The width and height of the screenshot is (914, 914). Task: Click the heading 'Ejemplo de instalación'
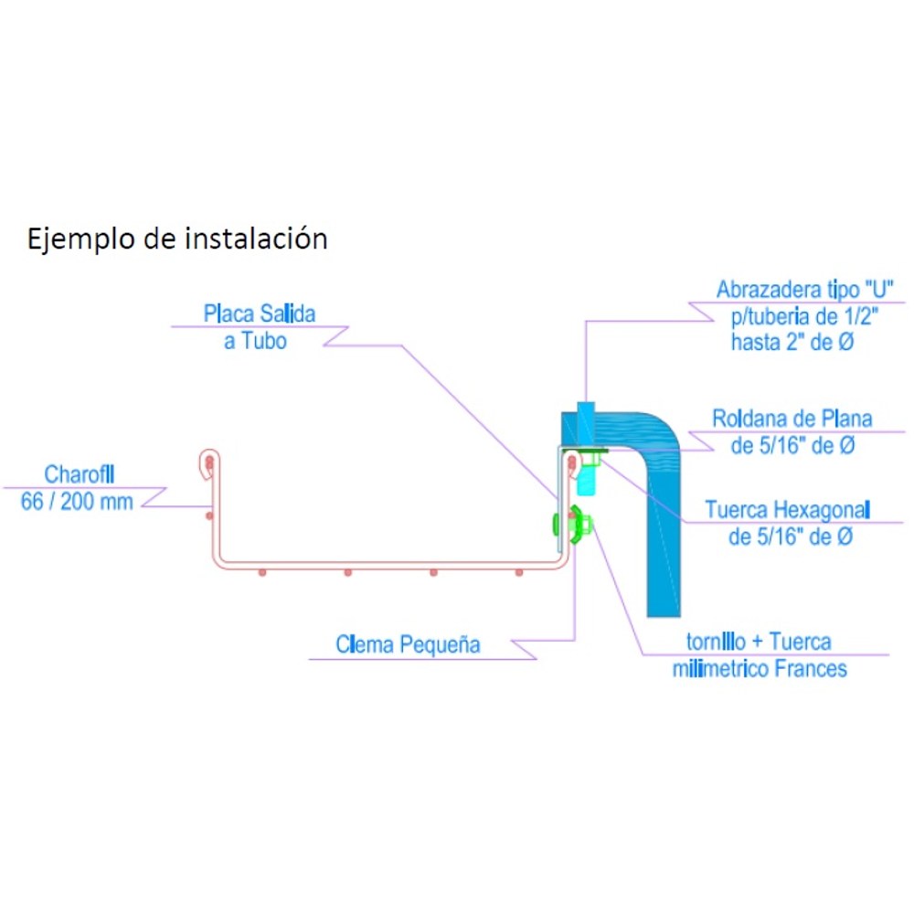pos(177,239)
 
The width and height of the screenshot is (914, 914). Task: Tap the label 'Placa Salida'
pos(260,314)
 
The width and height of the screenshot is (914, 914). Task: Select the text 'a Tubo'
pos(255,341)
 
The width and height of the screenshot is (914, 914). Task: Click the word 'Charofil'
pos(80,474)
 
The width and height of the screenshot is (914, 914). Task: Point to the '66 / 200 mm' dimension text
pos(77,501)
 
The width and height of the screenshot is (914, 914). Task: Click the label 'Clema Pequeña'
pos(408,644)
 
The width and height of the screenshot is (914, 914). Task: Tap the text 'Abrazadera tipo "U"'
pos(805,289)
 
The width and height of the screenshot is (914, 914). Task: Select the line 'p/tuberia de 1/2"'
pos(805,316)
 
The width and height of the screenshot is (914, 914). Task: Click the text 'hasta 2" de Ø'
pos(792,342)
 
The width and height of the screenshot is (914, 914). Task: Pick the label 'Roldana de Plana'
pos(792,419)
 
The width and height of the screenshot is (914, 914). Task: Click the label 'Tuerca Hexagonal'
pos(788,510)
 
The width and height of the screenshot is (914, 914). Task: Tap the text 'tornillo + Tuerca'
pos(759,642)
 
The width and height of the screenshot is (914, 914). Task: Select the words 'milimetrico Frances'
pos(760,669)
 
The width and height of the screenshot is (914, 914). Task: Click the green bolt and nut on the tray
pos(573,525)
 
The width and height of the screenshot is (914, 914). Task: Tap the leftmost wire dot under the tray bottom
pos(262,573)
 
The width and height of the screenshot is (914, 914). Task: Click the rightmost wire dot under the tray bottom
pos(519,573)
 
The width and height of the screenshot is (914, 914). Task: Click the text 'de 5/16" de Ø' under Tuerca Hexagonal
pos(791,537)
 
